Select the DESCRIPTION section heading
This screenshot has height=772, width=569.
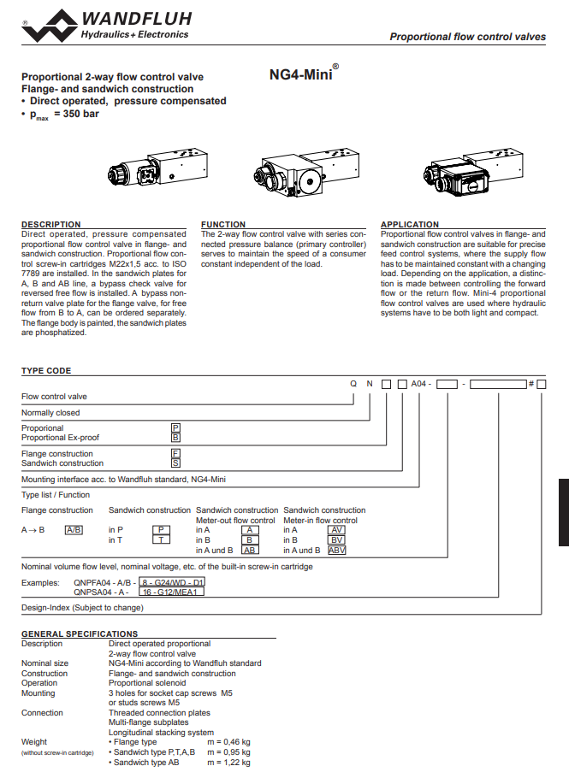[51, 225]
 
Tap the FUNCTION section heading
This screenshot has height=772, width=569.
[223, 225]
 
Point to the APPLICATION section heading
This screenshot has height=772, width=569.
[410, 225]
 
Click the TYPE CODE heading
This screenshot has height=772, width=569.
[46, 371]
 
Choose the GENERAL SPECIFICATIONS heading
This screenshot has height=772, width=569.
[80, 634]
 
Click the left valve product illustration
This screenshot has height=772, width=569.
[157, 170]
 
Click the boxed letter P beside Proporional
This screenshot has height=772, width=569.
[175, 427]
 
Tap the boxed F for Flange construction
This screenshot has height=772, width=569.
[175, 453]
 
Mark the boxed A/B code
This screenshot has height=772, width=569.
[74, 530]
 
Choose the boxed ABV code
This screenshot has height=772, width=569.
[337, 550]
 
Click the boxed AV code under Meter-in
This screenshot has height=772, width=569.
[337, 530]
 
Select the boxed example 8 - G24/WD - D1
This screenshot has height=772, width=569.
[173, 582]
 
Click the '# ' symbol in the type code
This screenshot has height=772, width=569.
[530, 384]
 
